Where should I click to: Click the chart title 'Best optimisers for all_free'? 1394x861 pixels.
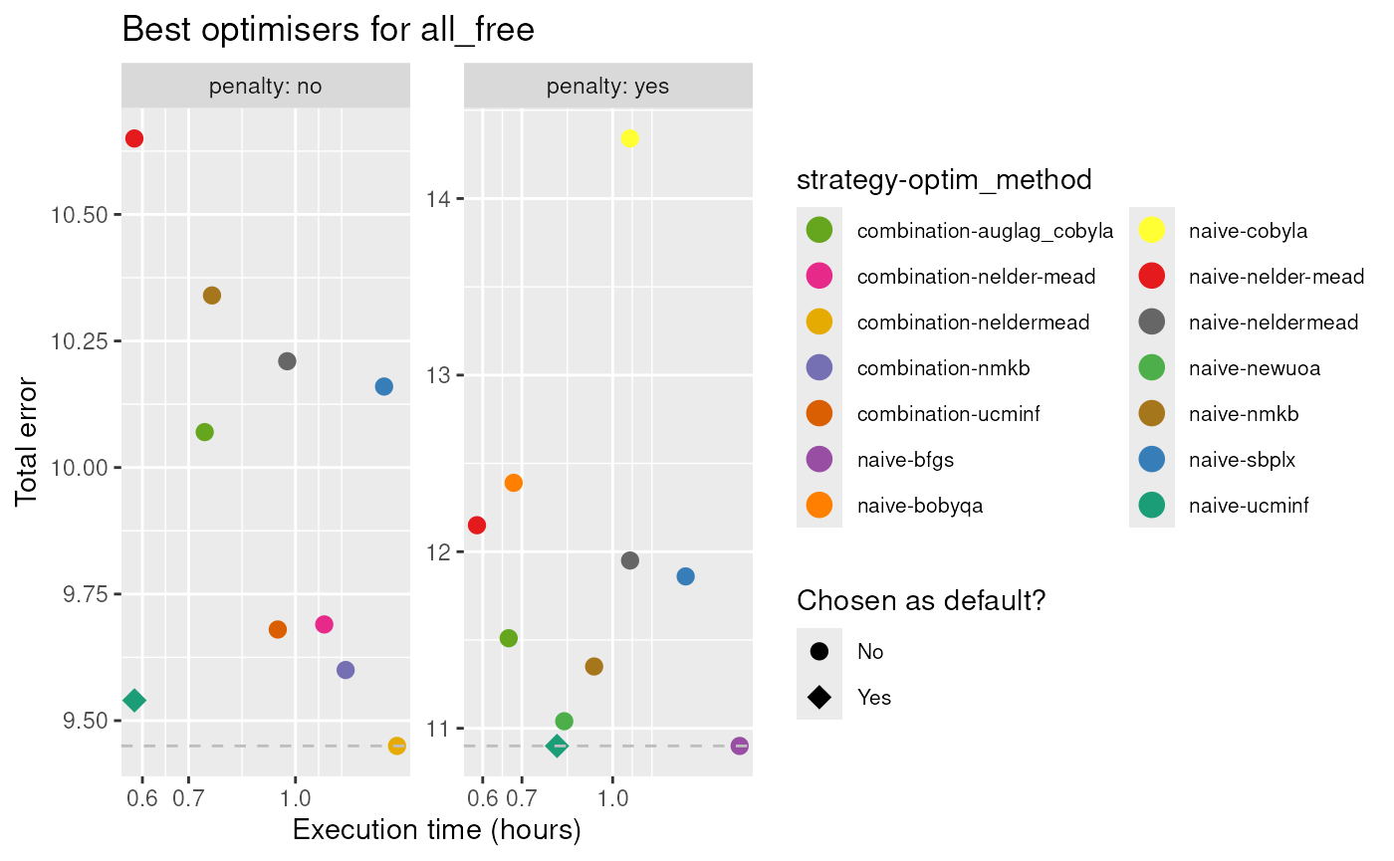(x=328, y=30)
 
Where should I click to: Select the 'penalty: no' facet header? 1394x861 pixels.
(x=265, y=87)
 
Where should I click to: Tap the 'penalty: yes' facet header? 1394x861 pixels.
(x=607, y=87)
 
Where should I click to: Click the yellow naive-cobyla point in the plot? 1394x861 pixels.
(x=629, y=138)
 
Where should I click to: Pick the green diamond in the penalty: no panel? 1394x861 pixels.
(x=134, y=701)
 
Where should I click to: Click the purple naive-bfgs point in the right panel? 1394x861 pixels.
(x=739, y=746)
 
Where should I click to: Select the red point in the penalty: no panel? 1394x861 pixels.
(x=134, y=138)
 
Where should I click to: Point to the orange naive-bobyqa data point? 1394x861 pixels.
(x=514, y=483)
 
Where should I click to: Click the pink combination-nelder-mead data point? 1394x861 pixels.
(x=324, y=624)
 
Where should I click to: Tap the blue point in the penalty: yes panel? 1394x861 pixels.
(x=685, y=576)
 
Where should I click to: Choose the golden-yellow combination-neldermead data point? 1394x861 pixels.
(x=396, y=746)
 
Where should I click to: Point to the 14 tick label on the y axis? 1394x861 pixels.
(x=438, y=199)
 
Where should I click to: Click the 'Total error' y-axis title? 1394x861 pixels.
(x=27, y=441)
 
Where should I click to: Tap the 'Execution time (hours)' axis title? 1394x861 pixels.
(x=436, y=829)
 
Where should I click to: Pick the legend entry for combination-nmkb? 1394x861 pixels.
(x=943, y=368)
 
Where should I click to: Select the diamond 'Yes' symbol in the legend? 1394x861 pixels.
(x=819, y=697)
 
